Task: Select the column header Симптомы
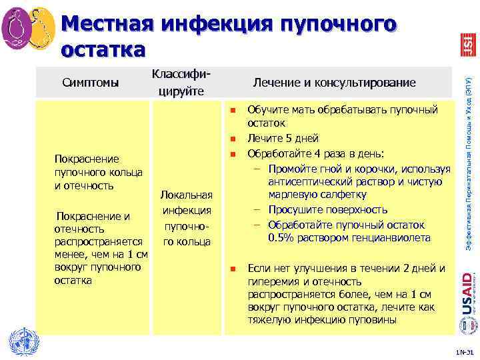[x=91, y=83]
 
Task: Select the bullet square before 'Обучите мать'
[x=233, y=109]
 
